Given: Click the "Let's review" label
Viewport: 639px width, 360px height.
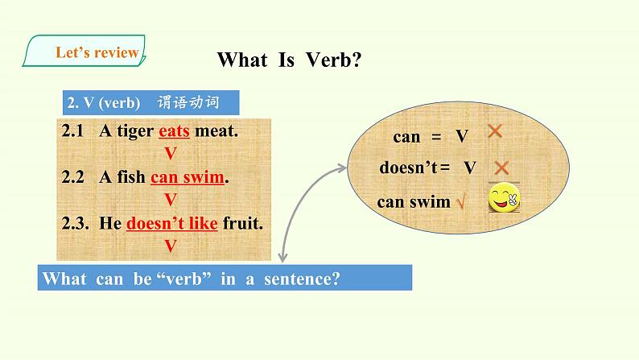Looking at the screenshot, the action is [x=97, y=52].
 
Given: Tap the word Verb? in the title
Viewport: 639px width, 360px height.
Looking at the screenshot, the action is [x=333, y=60].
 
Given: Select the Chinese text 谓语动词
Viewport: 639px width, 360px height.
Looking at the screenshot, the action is [x=188, y=102].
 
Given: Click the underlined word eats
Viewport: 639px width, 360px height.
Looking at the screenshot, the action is [x=174, y=130].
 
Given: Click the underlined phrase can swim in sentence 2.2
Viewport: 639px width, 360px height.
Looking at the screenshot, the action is [x=188, y=177].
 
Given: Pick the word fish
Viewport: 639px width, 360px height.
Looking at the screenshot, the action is [x=131, y=176].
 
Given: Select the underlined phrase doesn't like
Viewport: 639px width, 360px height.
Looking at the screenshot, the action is [x=172, y=223].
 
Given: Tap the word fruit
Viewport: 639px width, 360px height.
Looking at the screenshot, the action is [x=242, y=223].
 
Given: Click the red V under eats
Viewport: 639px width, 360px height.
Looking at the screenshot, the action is [x=171, y=154].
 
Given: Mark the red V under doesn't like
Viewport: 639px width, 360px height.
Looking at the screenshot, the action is [x=171, y=246].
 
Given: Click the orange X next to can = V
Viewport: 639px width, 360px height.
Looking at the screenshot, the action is [x=495, y=131].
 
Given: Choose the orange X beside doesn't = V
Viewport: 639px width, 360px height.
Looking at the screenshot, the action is [x=501, y=168].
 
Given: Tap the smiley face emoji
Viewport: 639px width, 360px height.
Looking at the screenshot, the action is [x=504, y=197].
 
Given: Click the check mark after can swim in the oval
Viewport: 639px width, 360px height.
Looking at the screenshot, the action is [x=460, y=201].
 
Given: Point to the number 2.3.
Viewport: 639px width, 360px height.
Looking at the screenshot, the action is [x=75, y=223].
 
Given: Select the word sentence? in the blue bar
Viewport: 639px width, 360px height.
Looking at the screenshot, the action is [x=302, y=279].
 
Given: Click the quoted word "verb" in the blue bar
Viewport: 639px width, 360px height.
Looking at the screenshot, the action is [x=183, y=279].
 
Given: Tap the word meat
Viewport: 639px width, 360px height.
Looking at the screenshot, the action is [x=216, y=131].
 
